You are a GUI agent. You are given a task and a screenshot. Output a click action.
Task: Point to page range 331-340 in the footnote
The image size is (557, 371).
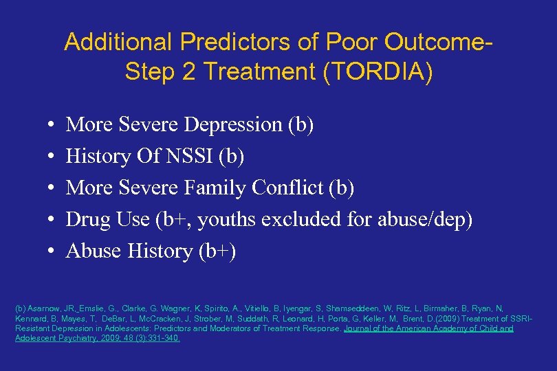point(162,338)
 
